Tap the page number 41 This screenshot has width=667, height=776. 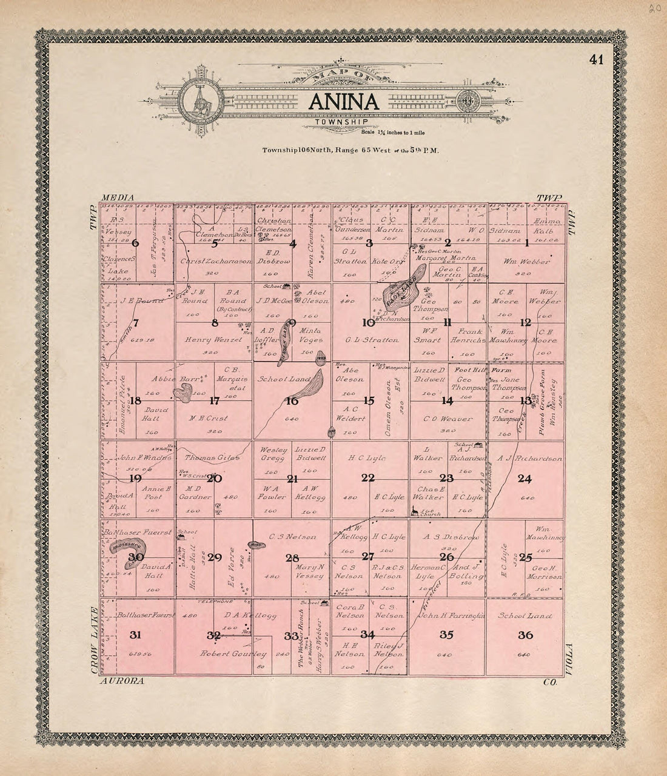tap(595, 59)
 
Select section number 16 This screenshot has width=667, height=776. tap(292, 400)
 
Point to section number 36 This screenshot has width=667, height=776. tap(525, 635)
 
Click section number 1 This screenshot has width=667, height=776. tap(526, 244)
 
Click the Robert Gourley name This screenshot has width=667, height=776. tap(234, 654)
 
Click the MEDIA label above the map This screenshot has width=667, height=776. tap(118, 198)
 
